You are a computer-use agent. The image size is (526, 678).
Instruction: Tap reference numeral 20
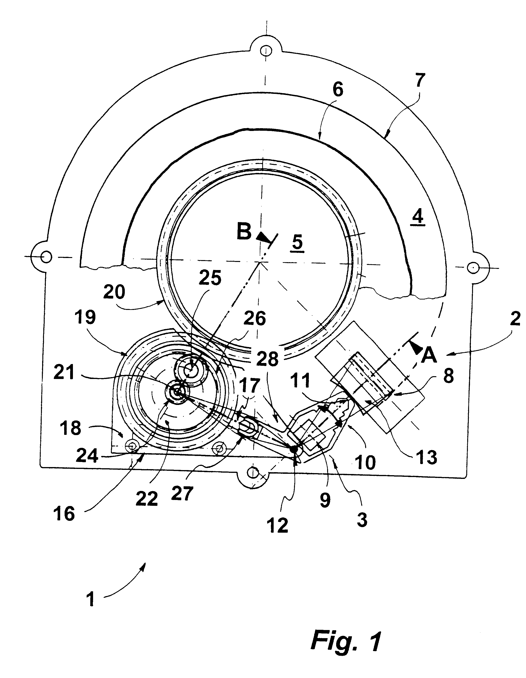point(114,292)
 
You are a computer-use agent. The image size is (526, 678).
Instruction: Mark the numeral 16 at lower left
point(64,514)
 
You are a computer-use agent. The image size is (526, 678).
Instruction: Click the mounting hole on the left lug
point(46,257)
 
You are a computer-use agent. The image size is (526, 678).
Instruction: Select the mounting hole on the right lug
point(473,267)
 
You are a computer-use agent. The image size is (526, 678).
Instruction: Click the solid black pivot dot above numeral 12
point(293,448)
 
